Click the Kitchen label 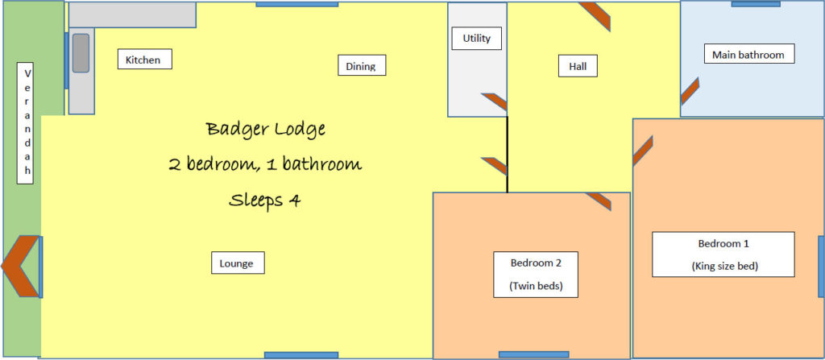tap(144, 59)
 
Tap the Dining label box tap(361, 65)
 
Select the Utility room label tap(476, 38)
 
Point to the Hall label tap(578, 66)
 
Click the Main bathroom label tap(748, 54)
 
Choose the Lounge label tap(237, 263)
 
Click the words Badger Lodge tap(265, 129)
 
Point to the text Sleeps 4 tap(265, 200)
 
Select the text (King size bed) tap(723, 265)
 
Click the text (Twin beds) tap(535, 286)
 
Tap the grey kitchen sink tap(81, 53)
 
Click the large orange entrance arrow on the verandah tap(19, 266)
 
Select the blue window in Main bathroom tap(755, 4)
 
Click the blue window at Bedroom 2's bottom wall tap(533, 354)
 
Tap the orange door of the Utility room tap(495, 102)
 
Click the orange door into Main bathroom tap(689, 92)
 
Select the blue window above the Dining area tap(296, 4)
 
